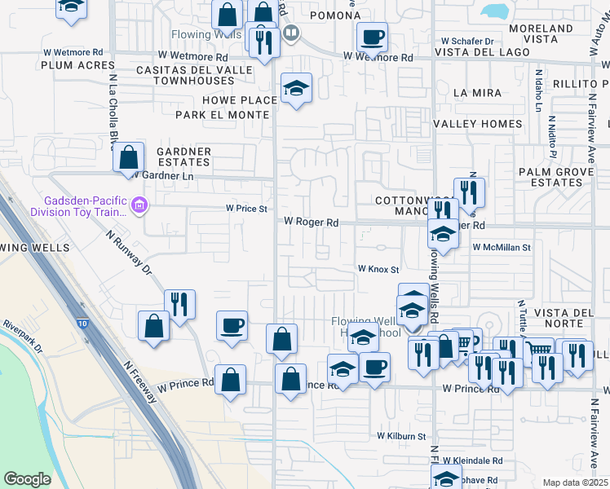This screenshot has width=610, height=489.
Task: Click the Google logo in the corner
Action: pyautogui.click(x=27, y=479)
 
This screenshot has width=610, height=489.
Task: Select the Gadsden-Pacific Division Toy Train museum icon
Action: pyautogui.click(x=139, y=205)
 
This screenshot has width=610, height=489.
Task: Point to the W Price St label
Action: pyautogui.click(x=246, y=209)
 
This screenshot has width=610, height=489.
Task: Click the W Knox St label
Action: pyautogui.click(x=378, y=269)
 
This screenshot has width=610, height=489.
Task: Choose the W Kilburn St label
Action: pyautogui.click(x=401, y=437)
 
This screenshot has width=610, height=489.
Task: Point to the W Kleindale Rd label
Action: pyautogui.click(x=475, y=460)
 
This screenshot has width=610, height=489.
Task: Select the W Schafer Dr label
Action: pyautogui.click(x=467, y=41)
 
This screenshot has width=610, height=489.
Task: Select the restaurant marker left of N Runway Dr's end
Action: pyautogui.click(x=179, y=305)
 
